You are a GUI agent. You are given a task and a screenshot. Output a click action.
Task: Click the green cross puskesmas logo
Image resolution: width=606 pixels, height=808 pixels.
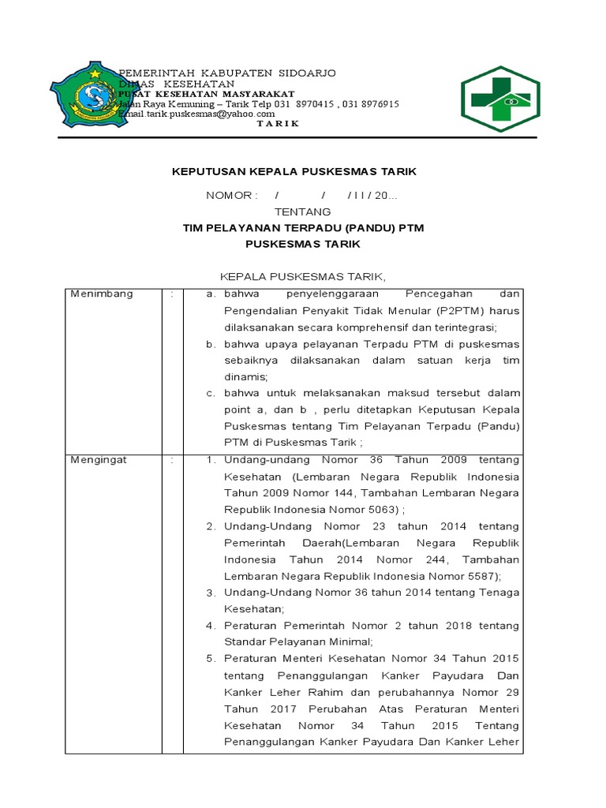pos(500,99)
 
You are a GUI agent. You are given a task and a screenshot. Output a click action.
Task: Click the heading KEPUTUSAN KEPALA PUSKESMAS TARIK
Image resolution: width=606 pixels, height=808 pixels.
pos(294,171)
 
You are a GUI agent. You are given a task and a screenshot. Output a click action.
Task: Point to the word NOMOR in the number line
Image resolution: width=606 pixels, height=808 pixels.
pos(230,195)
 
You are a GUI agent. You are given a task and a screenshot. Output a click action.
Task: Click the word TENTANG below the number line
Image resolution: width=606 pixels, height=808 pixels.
pos(302,212)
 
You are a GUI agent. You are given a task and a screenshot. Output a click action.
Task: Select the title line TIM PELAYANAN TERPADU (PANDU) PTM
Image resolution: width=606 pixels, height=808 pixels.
pos(303,228)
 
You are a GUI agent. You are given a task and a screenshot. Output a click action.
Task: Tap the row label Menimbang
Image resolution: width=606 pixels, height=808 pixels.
pos(102,294)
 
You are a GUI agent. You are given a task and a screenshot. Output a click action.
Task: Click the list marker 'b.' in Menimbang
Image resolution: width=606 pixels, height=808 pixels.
pos(211,345)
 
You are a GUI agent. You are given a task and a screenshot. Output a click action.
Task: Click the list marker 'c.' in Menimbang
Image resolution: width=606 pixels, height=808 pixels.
pos(211,393)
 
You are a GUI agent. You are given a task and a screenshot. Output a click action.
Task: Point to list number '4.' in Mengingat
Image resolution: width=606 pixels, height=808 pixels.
pos(211,626)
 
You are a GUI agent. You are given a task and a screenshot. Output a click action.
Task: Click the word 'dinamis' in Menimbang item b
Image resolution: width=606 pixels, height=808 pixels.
pos(245,376)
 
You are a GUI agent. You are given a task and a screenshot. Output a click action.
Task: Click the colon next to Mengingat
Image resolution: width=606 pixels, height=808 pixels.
pos(171,459)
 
